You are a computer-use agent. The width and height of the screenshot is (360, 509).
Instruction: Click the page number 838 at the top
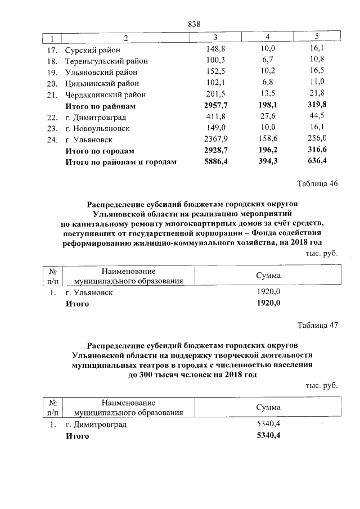click(193, 24)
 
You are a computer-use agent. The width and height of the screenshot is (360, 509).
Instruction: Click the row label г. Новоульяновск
click(97, 128)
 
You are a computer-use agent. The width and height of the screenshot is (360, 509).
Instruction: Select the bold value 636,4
click(317, 162)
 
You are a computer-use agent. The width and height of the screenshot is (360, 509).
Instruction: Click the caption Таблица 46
click(318, 183)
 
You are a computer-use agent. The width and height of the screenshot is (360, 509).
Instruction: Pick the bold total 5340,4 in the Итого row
click(268, 436)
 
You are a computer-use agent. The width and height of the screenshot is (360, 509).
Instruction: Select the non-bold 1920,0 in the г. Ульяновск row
click(268, 292)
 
